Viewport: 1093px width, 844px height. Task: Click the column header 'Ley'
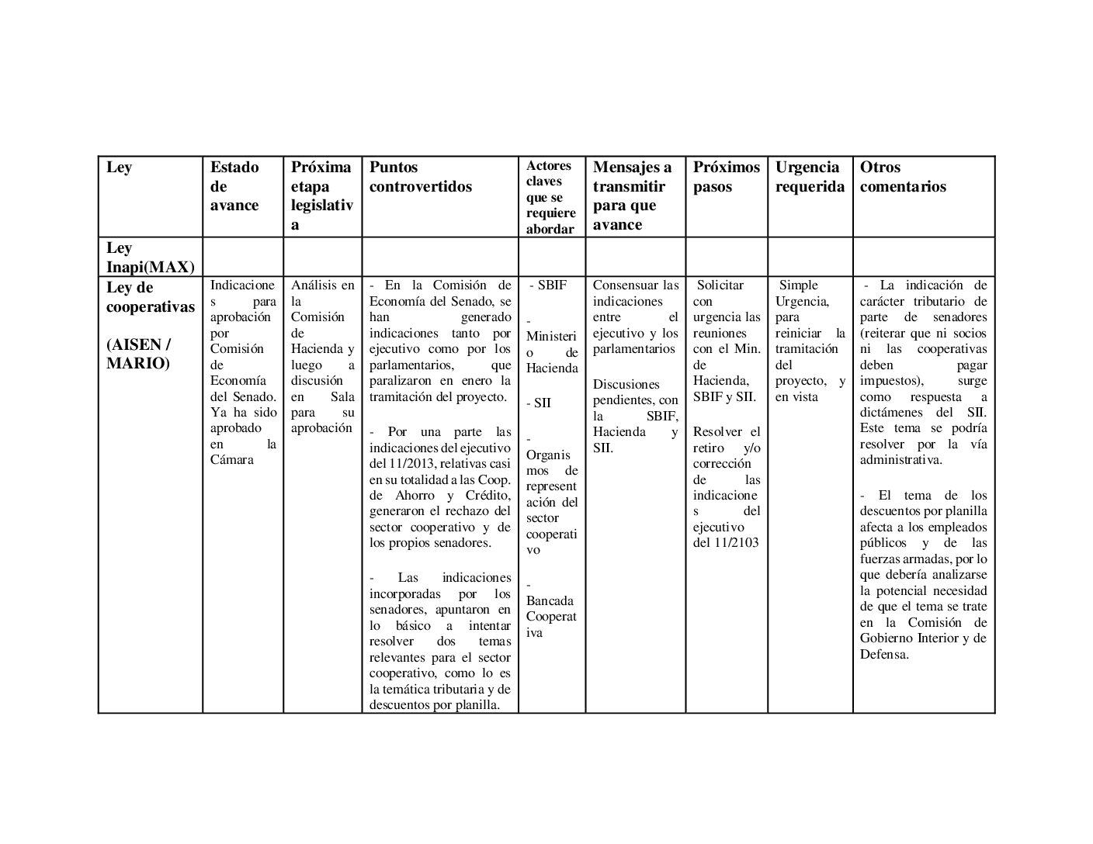click(119, 168)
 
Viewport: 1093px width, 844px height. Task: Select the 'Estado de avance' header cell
click(234, 186)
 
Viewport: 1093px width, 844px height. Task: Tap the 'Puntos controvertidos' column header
click(420, 177)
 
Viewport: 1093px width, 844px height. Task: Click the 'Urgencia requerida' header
click(809, 177)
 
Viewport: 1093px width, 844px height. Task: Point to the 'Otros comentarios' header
click(902, 177)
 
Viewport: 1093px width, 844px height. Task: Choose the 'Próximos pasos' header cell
click(726, 177)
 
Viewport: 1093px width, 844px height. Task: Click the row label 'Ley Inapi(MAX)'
click(149, 258)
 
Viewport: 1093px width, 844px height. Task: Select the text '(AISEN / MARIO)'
click(138, 354)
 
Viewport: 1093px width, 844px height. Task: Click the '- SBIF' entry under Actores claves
click(548, 285)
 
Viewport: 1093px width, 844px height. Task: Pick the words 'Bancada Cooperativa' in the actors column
click(550, 617)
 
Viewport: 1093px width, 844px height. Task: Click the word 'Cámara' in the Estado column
click(231, 460)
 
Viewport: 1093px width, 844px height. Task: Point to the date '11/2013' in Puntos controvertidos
click(410, 464)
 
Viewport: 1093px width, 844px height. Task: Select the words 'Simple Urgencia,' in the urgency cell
click(802, 293)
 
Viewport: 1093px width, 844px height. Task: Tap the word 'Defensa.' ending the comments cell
click(883, 654)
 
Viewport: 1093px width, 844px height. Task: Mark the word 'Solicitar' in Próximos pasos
click(720, 285)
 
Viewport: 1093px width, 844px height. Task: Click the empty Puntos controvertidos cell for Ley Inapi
click(439, 257)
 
